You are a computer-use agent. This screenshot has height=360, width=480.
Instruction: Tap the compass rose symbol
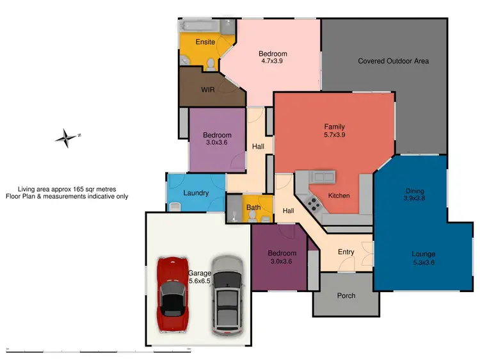[65, 137]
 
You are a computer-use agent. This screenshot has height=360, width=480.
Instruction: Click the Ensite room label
[205, 42]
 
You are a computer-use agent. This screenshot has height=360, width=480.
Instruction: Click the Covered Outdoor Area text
[393, 61]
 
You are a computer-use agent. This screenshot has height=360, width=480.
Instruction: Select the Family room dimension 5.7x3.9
[334, 135]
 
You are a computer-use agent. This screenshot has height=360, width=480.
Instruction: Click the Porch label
[346, 295]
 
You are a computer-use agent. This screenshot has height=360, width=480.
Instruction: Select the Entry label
[346, 252]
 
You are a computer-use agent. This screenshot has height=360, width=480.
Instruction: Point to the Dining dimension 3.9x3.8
[414, 199]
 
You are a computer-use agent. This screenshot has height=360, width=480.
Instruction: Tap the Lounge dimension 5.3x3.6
[423, 263]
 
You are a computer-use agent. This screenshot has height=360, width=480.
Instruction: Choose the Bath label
[254, 208]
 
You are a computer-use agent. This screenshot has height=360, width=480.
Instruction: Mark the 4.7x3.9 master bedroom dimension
[273, 62]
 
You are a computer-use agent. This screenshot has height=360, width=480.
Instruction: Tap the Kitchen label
[339, 195]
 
